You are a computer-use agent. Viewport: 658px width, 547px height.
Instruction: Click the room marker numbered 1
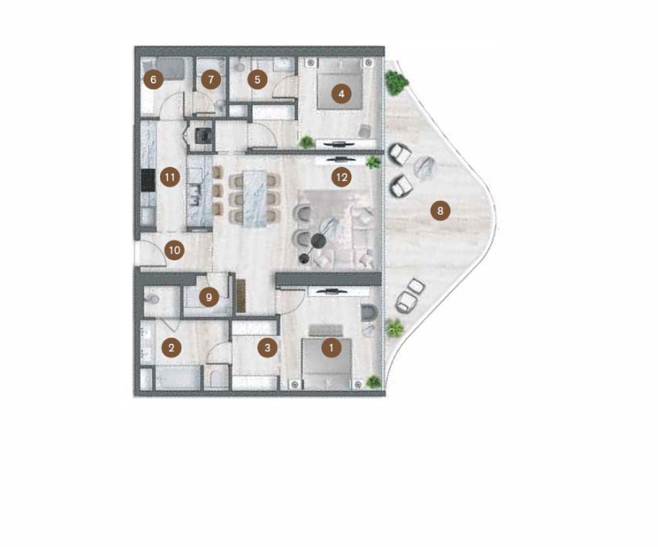331,348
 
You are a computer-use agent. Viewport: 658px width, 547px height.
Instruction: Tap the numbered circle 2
171,348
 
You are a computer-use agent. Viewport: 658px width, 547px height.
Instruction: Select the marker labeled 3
267,348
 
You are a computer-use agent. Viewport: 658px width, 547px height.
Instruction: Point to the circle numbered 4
341,93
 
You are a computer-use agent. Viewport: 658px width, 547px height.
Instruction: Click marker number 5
257,80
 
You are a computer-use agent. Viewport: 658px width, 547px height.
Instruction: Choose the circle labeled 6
153,80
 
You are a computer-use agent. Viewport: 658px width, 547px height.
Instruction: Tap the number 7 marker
211,80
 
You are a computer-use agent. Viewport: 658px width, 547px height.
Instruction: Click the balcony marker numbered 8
440,210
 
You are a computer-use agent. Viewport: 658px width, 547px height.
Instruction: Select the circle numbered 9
209,297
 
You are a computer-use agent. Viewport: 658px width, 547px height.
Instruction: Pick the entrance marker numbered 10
174,250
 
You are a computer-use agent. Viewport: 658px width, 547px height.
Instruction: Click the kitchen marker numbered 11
170,177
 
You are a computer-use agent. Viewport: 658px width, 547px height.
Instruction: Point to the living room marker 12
341,177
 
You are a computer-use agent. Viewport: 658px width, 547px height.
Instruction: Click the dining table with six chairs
254,198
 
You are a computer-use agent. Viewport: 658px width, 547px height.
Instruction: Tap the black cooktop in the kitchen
148,181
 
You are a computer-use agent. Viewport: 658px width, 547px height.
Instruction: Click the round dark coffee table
319,240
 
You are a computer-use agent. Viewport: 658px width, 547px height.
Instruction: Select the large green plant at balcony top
396,82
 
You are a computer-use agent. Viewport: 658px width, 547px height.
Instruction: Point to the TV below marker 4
337,144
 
